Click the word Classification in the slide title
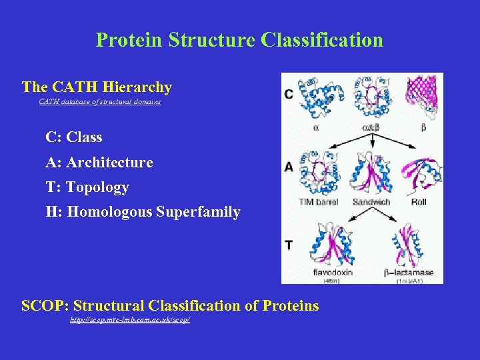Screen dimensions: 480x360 [322, 40]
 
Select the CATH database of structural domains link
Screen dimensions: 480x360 [99, 102]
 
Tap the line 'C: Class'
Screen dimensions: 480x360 [73, 138]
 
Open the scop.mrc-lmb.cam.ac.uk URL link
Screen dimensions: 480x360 [131, 321]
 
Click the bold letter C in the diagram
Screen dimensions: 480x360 [288, 94]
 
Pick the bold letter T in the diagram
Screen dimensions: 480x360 [288, 245]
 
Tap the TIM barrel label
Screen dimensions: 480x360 [319, 201]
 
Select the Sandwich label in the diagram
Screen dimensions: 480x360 [370, 201]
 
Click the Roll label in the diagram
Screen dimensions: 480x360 [419, 201]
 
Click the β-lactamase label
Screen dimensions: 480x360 [409, 273]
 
